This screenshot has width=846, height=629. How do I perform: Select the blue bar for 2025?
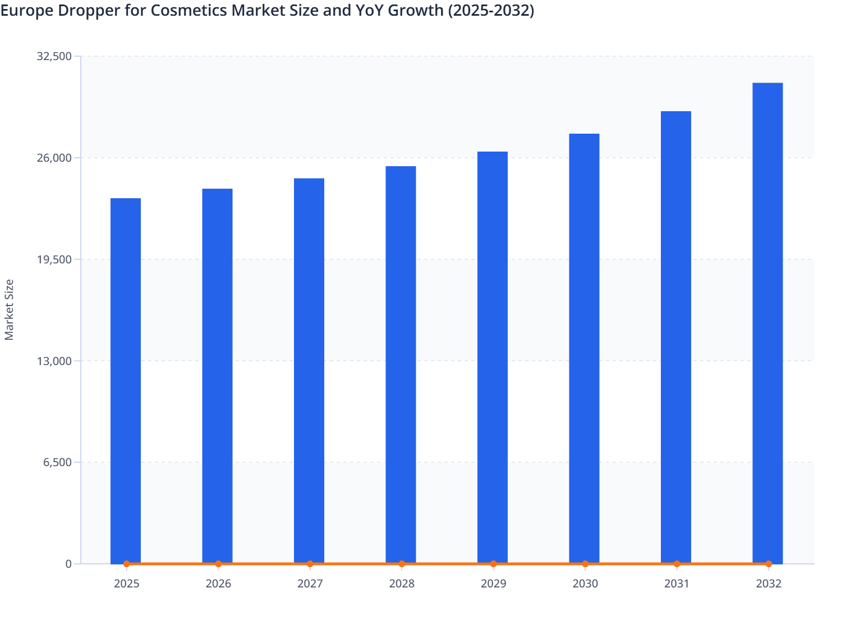tap(126, 381)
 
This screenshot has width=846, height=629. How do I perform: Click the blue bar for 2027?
tap(309, 371)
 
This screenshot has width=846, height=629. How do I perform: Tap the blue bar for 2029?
tap(493, 357)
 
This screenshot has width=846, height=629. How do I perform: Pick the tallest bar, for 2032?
tap(767, 323)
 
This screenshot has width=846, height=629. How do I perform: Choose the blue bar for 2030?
tap(584, 348)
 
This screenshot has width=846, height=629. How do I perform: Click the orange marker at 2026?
tap(218, 564)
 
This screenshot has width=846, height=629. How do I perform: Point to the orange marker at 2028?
tap(402, 564)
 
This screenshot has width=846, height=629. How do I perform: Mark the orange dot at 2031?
tap(677, 564)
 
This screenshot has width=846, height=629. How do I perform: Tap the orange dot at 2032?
tap(769, 564)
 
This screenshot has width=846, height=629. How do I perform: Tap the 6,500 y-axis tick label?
tap(57, 463)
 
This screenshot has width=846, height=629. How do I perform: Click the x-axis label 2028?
tap(402, 584)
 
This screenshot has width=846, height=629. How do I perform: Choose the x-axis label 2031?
tap(677, 584)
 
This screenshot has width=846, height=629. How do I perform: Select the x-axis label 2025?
tap(127, 584)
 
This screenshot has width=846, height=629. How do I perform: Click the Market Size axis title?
tap(9, 310)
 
